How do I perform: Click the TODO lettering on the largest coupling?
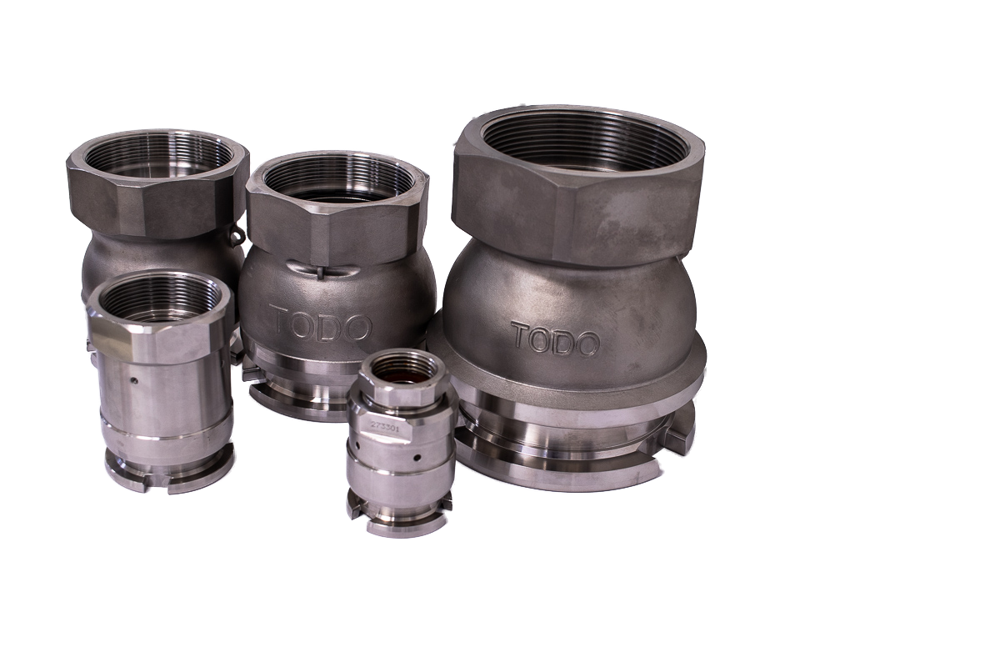coord(555,339)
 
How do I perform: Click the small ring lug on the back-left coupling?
coord(240,233)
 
